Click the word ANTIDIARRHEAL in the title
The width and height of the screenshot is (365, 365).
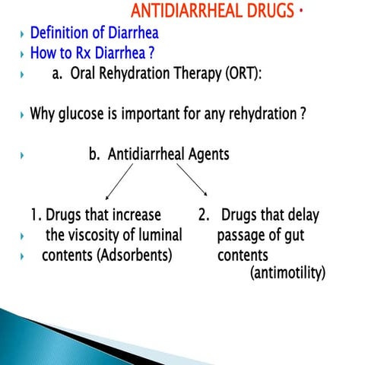[194, 11]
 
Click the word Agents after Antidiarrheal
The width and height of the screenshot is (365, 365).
[202, 154]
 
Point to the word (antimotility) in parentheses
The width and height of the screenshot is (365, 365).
[287, 272]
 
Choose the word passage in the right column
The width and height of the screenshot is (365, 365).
[244, 236]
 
